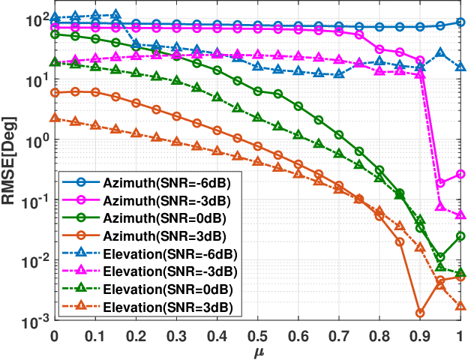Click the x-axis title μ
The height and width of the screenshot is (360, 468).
(x=256, y=350)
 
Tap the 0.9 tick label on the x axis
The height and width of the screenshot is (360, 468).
(x=419, y=334)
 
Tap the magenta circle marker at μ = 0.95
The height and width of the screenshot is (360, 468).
(x=440, y=183)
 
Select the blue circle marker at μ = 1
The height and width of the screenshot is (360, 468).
(x=460, y=22)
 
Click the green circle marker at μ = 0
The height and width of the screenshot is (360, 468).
(x=54, y=34)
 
